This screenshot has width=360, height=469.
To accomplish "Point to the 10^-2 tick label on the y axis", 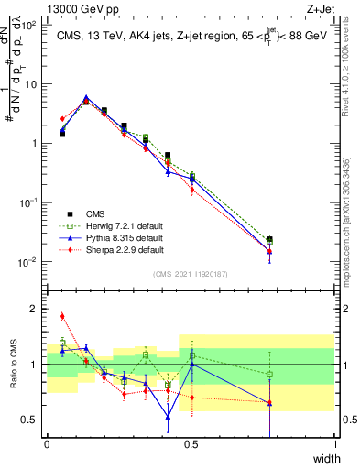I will pos(33,262).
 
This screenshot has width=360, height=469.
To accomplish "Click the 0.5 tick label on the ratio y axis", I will pos(34,420).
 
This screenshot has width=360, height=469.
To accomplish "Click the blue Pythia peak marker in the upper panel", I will pos(86,97).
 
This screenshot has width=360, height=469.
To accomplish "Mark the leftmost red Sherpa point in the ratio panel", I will pos(62,316).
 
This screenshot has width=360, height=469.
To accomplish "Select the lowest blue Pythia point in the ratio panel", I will pos(168,417).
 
